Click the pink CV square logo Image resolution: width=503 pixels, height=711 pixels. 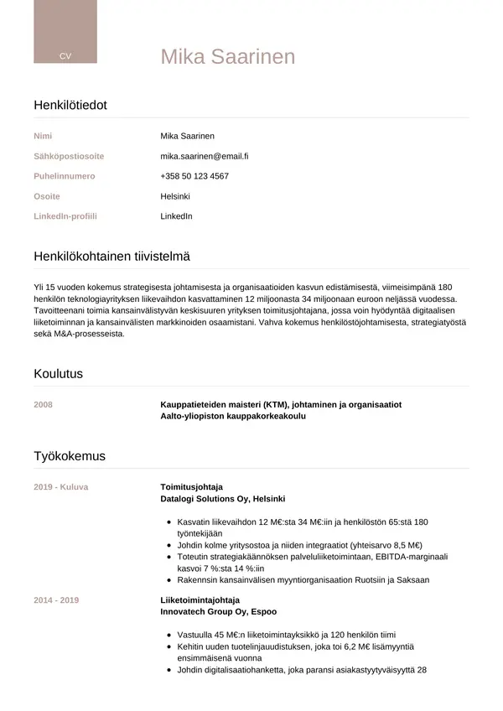(x=65, y=32)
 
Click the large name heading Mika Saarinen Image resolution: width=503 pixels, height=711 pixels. (x=228, y=57)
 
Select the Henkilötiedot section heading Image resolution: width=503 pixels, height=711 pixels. (x=70, y=106)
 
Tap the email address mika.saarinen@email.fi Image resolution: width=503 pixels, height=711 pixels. (x=205, y=156)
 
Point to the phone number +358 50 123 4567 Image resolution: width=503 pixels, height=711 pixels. (x=194, y=176)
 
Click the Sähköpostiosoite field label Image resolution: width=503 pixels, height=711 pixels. (x=69, y=156)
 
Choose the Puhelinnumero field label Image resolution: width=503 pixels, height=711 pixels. (x=65, y=176)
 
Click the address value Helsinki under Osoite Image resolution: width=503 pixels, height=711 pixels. (x=175, y=196)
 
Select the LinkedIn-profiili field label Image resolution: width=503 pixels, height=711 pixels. (x=65, y=216)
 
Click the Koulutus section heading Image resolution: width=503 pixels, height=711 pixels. (x=58, y=374)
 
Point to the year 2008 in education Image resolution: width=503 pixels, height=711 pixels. (x=43, y=405)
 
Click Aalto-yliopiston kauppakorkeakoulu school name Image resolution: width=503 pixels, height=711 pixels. (x=233, y=416)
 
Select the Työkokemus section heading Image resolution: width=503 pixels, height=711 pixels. (x=70, y=457)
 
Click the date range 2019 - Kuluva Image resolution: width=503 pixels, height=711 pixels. (x=61, y=487)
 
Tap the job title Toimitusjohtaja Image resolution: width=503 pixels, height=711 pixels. (x=191, y=487)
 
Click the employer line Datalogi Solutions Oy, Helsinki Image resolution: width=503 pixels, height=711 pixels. (x=223, y=498)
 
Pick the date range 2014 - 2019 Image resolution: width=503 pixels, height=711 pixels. (x=56, y=600)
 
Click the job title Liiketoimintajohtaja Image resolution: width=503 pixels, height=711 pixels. (x=200, y=600)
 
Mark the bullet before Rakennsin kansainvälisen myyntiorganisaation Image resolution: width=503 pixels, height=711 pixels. (x=169, y=579)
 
